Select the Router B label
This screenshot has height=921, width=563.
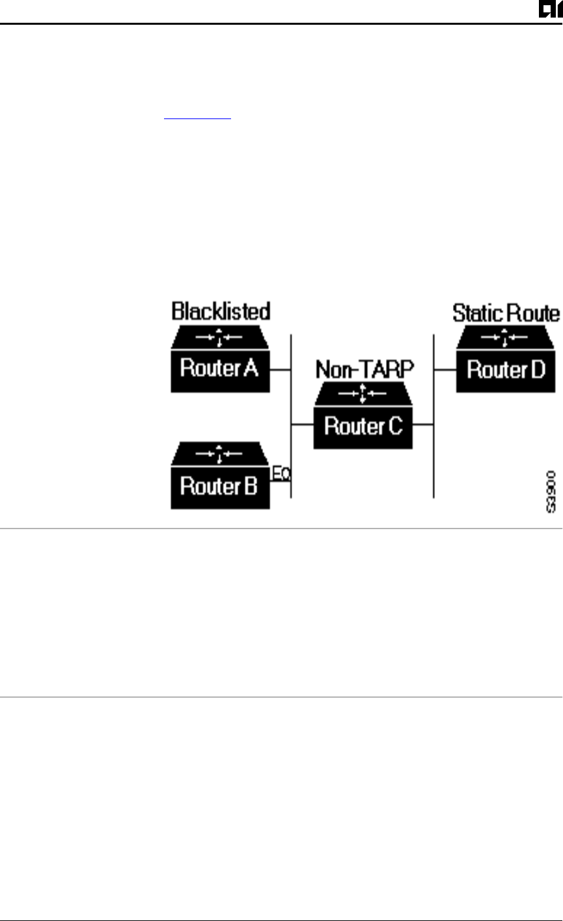(x=219, y=486)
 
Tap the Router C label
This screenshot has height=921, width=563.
(x=363, y=427)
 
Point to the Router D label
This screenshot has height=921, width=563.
(x=506, y=370)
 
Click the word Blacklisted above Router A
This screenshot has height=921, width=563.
(x=221, y=311)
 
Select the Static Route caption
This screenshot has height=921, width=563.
(x=506, y=313)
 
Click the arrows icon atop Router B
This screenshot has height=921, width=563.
(x=219, y=454)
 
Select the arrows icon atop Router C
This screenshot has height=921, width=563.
(x=363, y=394)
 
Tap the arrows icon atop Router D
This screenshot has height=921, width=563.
(x=506, y=338)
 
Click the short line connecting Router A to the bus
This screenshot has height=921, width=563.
(x=280, y=370)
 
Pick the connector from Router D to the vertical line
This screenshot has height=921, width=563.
(x=445, y=370)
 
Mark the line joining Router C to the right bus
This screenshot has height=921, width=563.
(x=423, y=424)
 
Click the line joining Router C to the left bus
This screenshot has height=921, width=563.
(x=302, y=424)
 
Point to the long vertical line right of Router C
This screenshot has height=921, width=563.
(x=433, y=456)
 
